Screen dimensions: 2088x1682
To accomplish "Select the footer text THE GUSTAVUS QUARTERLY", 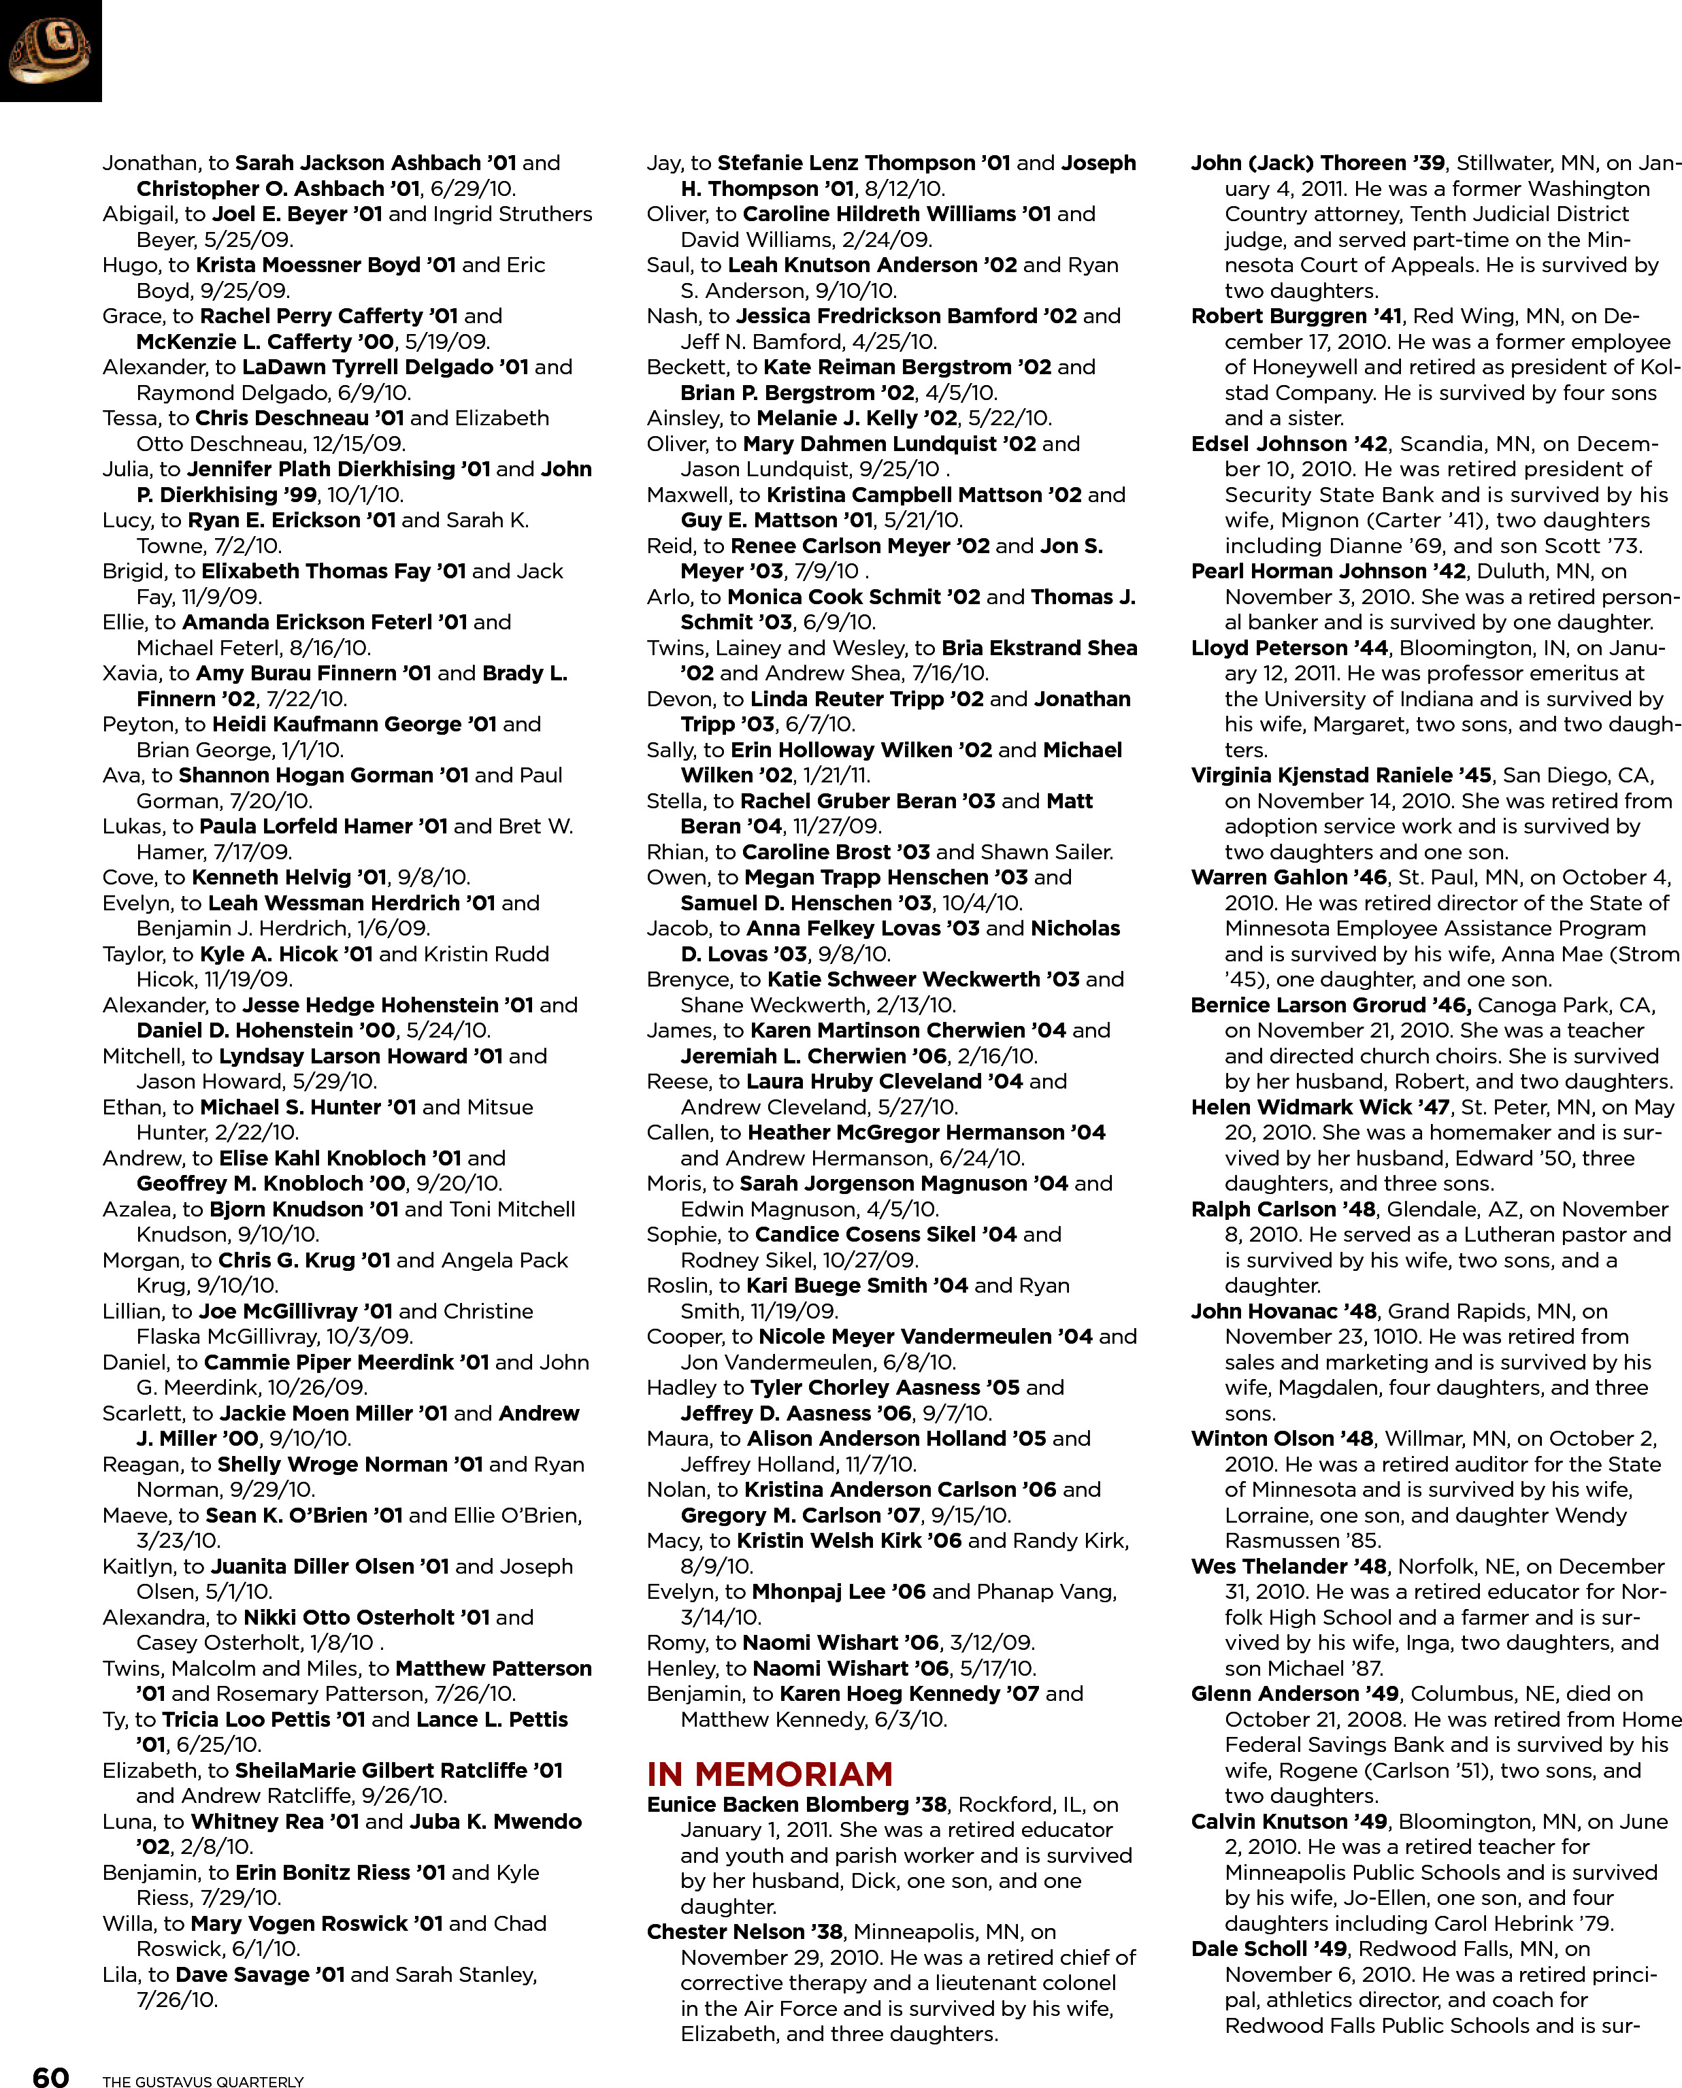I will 203,2081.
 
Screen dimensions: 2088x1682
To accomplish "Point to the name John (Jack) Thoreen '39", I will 1318,163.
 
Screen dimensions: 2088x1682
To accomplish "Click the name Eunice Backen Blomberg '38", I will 796,1804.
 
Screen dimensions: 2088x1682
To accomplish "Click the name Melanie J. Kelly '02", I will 857,418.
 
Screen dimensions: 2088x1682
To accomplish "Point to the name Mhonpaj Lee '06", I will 838,1591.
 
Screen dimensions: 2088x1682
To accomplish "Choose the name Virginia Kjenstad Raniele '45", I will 1341,775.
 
